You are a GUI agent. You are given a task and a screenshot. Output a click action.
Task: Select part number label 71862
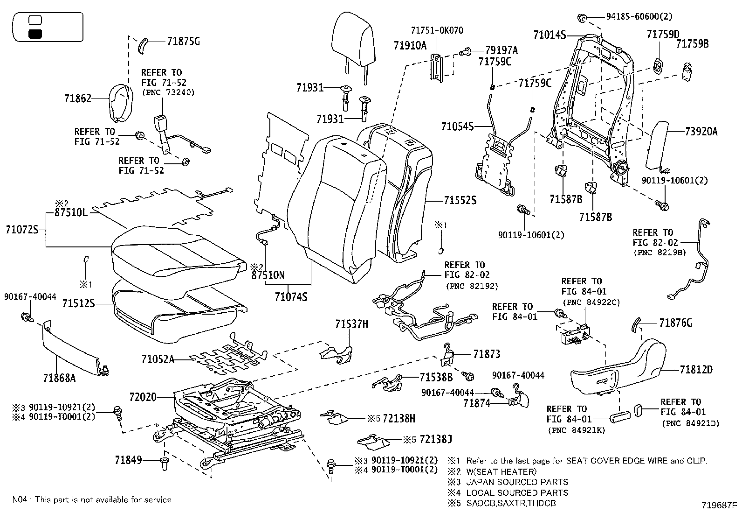tap(78, 98)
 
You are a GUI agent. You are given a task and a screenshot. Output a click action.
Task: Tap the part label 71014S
tap(550, 35)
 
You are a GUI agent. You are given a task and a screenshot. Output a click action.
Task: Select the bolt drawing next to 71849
tap(164, 464)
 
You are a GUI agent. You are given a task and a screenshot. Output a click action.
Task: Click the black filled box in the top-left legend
tap(35, 34)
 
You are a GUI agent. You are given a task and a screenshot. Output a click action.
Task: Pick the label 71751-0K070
tap(437, 30)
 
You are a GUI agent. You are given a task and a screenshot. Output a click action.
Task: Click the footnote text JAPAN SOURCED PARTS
tap(517, 482)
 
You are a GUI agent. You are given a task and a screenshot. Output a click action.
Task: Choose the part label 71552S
tap(460, 200)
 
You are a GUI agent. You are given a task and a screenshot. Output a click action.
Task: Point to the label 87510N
tap(268, 275)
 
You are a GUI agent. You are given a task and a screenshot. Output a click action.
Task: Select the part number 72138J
tap(436, 439)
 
